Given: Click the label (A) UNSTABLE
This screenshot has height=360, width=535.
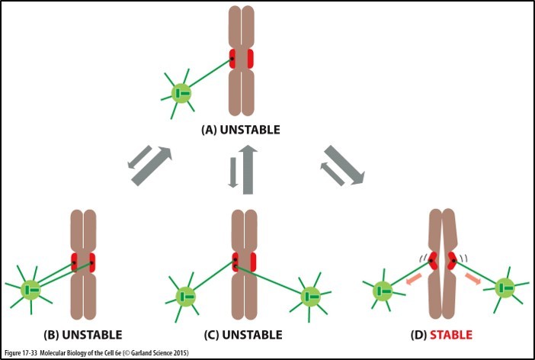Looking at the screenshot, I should [x=241, y=130].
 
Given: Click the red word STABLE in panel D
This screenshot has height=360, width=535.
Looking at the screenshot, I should [x=450, y=334].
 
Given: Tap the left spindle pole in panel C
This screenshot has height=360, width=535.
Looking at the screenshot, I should [x=185, y=296].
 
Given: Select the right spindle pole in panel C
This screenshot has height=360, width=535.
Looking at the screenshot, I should [x=309, y=296].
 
